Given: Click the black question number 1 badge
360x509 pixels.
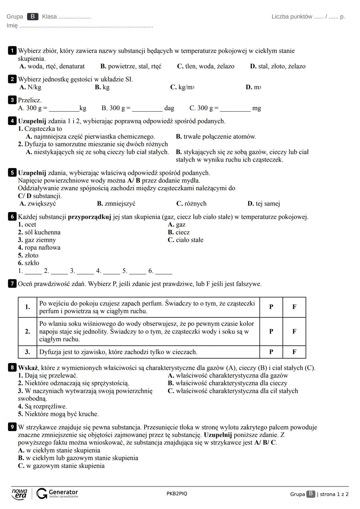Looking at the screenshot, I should pos(12,51).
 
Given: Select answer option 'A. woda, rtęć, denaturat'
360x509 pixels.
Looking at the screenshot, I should pos(52,66).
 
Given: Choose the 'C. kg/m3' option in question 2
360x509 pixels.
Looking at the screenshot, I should pos(182,87).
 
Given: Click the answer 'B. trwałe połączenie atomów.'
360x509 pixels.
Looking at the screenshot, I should pos(216,137).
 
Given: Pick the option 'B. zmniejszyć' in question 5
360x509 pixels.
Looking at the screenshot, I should pos(116,204).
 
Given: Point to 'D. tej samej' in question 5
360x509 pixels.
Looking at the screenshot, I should pos(264,204).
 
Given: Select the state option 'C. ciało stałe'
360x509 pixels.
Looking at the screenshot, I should pos(185,240).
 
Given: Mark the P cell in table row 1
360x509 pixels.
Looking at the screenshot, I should pos(271,307).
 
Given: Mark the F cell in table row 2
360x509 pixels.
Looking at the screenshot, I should pos(294,331).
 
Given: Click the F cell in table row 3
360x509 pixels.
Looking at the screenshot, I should pos(294,352).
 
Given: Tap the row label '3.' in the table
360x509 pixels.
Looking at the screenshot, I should pos(27,352).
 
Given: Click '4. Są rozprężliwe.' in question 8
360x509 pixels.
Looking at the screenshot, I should pos(42,406).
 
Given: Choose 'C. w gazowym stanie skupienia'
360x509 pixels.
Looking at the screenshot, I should pos(61,466).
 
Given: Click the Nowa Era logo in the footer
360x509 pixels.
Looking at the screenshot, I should pos(19,494).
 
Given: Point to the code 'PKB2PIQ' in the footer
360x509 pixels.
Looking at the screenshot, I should pos(177,494).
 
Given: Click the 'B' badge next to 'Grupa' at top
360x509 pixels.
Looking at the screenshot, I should pos(33,17).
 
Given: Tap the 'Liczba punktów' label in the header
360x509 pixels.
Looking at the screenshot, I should pos(292,17).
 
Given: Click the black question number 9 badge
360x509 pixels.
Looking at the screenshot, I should pos(12,427).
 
